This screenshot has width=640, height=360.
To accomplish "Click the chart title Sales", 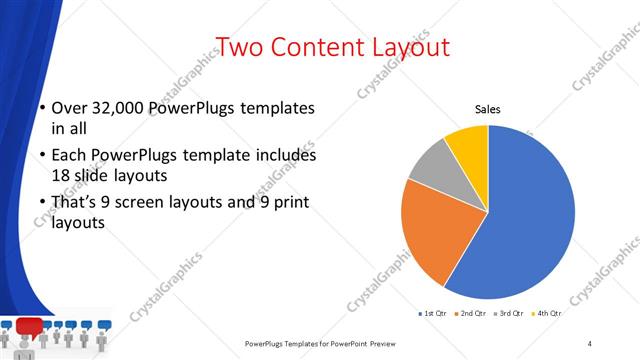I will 487,109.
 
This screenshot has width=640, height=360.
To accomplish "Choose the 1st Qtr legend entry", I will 433,314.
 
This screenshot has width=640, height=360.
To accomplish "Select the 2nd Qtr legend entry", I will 472,314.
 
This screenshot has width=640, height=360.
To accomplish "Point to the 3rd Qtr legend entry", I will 511,314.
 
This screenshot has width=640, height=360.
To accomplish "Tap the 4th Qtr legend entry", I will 549,314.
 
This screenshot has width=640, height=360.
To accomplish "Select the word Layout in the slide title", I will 409,47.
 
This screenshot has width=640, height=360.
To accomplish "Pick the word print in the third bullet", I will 285,203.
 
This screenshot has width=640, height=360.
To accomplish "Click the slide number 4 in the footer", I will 590,343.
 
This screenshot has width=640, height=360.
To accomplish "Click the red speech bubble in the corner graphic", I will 29,325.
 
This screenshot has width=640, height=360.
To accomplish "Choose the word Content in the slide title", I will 314,47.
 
